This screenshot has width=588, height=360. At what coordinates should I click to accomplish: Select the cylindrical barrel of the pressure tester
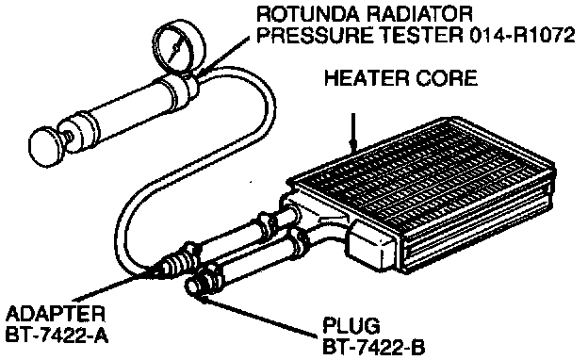tap(122, 110)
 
